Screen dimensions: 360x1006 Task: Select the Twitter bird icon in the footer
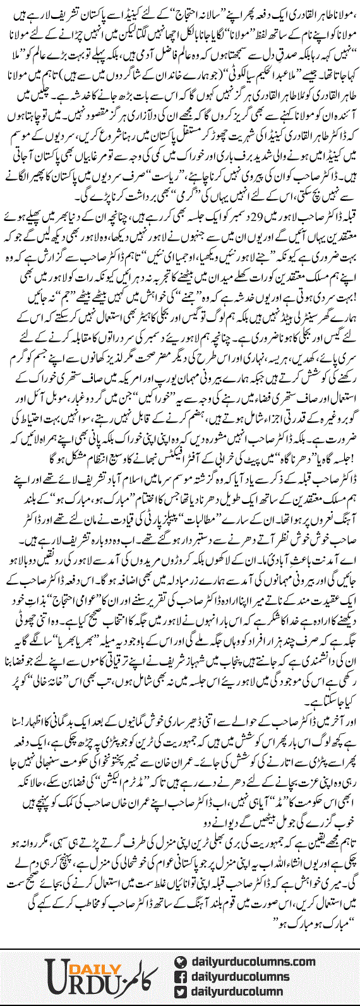[181, 974]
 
